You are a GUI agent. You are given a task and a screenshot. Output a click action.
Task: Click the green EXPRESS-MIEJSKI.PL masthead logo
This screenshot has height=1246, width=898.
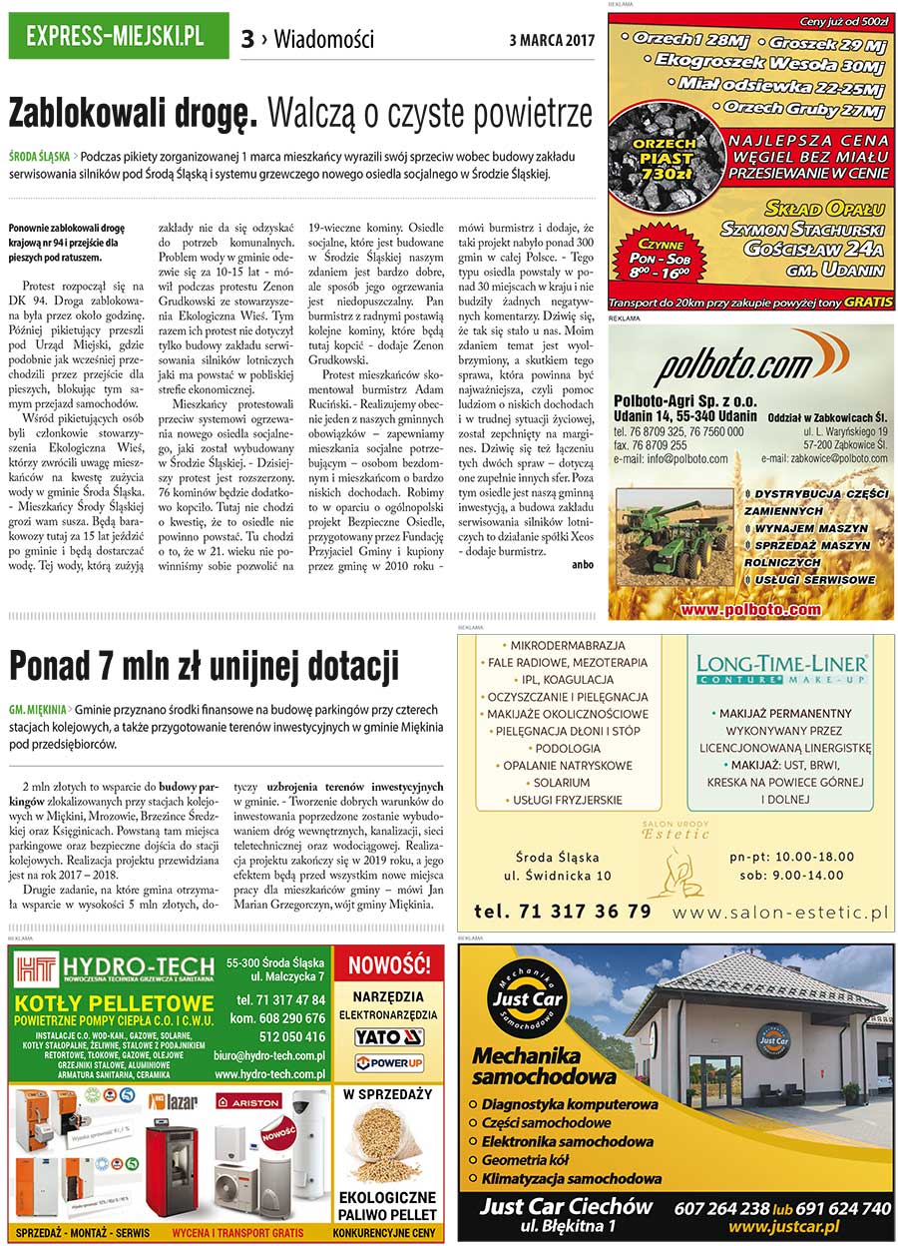(118, 37)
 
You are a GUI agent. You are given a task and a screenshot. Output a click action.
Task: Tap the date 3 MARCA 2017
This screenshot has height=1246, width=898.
(552, 41)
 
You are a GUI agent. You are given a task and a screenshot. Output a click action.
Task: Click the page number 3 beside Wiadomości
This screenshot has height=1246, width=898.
(246, 40)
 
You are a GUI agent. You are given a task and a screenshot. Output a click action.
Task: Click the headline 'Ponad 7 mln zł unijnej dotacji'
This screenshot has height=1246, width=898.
(204, 664)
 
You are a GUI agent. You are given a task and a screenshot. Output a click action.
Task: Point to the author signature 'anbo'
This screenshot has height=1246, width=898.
(583, 563)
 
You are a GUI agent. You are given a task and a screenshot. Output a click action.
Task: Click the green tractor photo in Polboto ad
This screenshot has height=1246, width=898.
(675, 546)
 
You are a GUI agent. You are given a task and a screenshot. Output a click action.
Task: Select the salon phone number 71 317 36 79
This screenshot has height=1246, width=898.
(563, 911)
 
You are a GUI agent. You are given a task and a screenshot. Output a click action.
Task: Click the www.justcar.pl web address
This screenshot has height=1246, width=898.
(783, 1226)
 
